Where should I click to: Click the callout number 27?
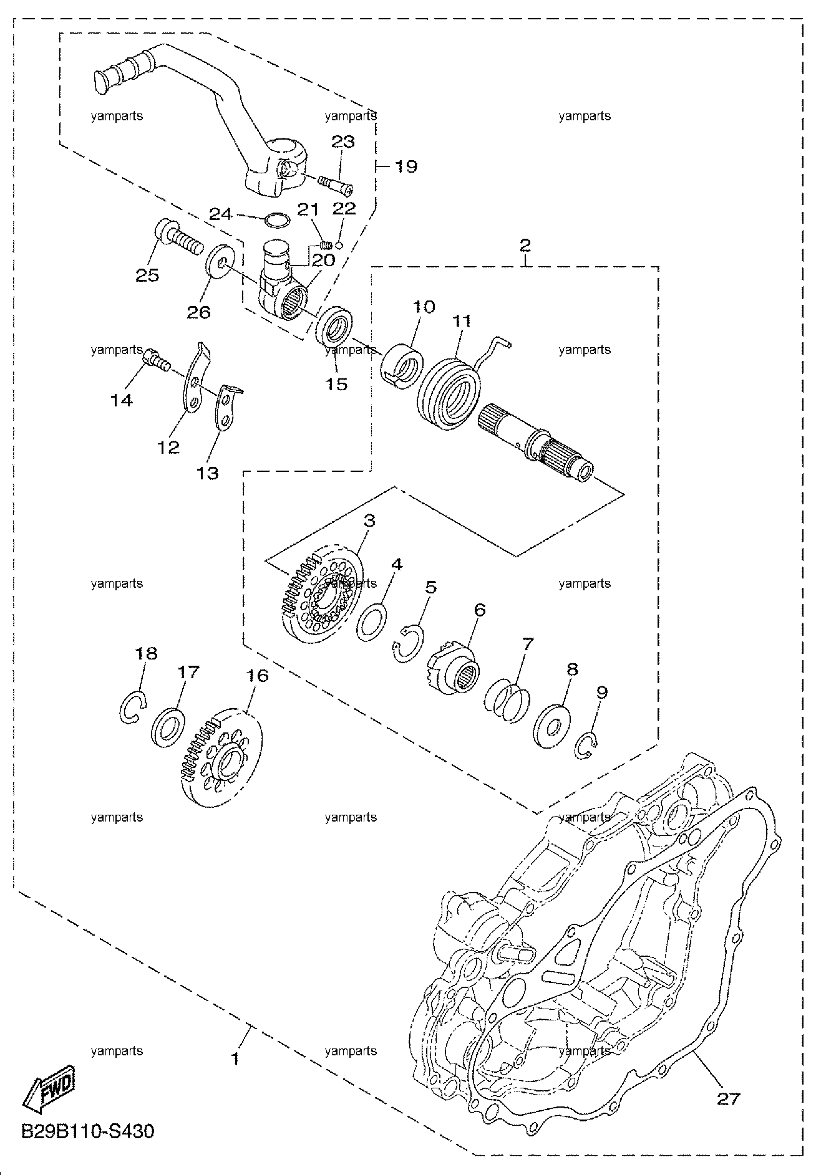pyautogui.click(x=727, y=1098)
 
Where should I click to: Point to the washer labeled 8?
pyautogui.click(x=551, y=725)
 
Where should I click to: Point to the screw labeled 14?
pyautogui.click(x=157, y=360)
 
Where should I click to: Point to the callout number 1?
pyautogui.click(x=235, y=1058)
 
